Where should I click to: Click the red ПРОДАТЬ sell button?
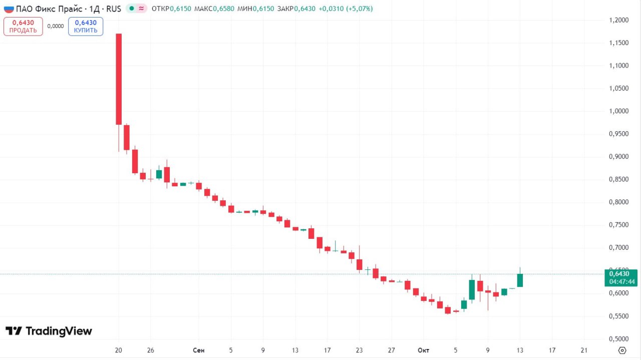point(23,26)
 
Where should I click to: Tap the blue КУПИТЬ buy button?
point(86,26)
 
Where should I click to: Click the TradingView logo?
point(49,331)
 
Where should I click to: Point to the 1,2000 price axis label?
point(619,20)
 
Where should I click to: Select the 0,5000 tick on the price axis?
point(619,338)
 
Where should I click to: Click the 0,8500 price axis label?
point(619,179)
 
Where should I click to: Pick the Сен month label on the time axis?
point(198,350)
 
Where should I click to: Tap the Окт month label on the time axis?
point(423,350)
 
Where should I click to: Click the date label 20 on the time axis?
point(119,350)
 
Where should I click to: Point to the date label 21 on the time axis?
point(584,350)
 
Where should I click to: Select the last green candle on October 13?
point(520,280)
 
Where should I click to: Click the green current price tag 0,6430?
point(621,273)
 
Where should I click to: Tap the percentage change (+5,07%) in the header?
point(359,9)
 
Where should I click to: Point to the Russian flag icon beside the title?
point(9,9)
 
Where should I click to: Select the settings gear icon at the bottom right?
point(622,350)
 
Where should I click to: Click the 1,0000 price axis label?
point(619,111)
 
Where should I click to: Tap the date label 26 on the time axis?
point(151,350)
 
